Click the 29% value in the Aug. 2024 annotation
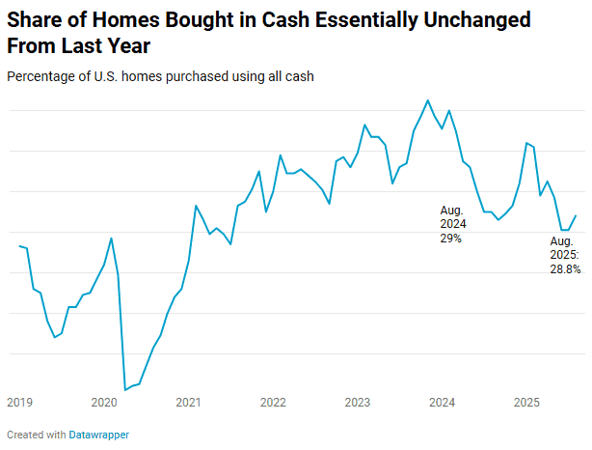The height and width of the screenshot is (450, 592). click(451, 238)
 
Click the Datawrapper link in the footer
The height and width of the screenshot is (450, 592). click(98, 435)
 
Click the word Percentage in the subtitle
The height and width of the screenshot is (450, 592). click(40, 75)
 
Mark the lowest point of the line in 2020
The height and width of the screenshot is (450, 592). click(125, 390)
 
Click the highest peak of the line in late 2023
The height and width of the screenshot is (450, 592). click(428, 99)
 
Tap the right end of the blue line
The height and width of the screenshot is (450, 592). click(576, 216)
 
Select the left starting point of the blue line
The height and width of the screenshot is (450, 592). click(19, 246)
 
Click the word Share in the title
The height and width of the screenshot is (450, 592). click(36, 19)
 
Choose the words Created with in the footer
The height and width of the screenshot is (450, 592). click(36, 435)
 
